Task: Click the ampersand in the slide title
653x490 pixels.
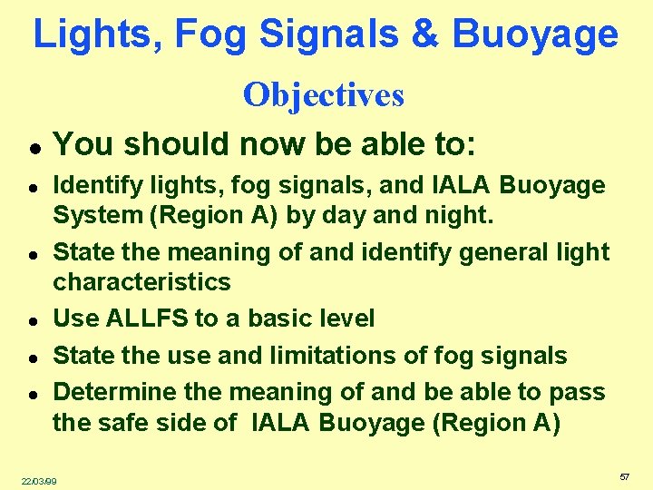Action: tap(424, 34)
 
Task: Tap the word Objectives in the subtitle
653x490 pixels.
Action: tap(324, 94)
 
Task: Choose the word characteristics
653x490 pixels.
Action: tap(141, 281)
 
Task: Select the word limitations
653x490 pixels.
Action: tap(322, 356)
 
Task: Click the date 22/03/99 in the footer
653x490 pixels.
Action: tap(39, 480)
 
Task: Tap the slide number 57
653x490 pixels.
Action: tap(624, 476)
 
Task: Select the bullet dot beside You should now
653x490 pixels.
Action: tap(31, 147)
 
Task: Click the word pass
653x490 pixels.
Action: tap(580, 392)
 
